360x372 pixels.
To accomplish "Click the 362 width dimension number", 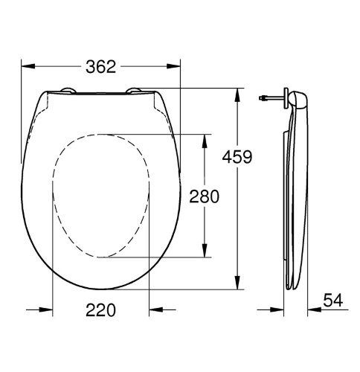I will point(100,66).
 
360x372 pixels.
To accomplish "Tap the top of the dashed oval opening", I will point(101,135).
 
